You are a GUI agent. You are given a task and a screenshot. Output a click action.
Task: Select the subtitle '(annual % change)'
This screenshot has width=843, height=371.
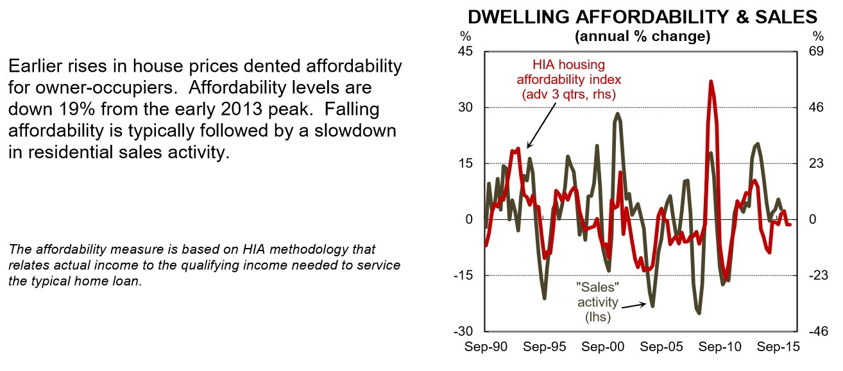point(643,37)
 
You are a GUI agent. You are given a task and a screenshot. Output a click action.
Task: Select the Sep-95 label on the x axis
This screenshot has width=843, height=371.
point(545,347)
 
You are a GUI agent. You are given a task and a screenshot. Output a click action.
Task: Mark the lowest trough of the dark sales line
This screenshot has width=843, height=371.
point(699,313)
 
